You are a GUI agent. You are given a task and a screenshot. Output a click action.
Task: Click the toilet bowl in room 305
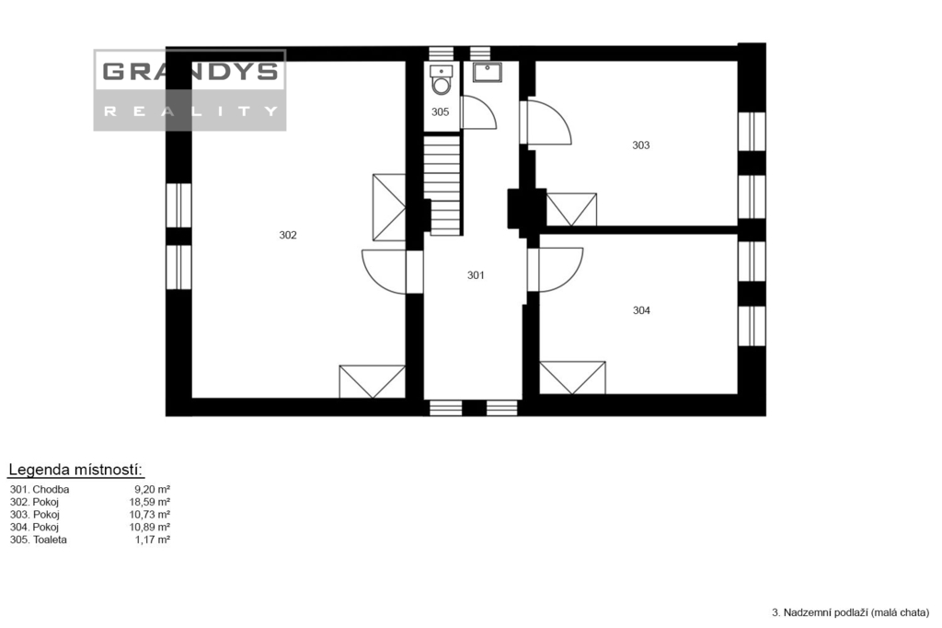[x=442, y=81]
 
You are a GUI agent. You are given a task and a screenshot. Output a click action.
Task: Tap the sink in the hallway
[x=488, y=72]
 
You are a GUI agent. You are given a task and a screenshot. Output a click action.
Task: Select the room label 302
[x=288, y=235]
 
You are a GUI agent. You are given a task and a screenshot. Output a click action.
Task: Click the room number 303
[x=641, y=145]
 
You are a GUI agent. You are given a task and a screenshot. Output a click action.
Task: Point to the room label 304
[x=641, y=310]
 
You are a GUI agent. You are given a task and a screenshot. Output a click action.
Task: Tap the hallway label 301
[x=476, y=275]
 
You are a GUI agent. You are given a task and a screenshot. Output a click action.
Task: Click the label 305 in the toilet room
[x=441, y=112]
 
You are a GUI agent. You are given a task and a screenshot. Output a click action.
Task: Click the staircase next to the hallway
[x=442, y=185]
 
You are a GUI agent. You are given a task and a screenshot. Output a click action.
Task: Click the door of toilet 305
[x=478, y=112]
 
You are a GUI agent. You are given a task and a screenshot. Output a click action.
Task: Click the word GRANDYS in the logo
[x=190, y=72]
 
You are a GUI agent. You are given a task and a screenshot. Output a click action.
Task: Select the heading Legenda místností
[x=75, y=470]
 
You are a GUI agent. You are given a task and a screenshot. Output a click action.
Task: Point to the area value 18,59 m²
[x=150, y=502]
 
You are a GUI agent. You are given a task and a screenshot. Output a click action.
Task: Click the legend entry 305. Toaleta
[x=39, y=540]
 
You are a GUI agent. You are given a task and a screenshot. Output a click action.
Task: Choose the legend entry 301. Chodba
[x=40, y=490]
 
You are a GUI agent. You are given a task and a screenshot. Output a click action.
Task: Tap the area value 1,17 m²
[x=153, y=540]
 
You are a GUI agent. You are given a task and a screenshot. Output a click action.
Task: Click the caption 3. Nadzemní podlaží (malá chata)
[x=850, y=613]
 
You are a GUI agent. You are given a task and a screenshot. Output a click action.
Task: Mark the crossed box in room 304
[x=572, y=378]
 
